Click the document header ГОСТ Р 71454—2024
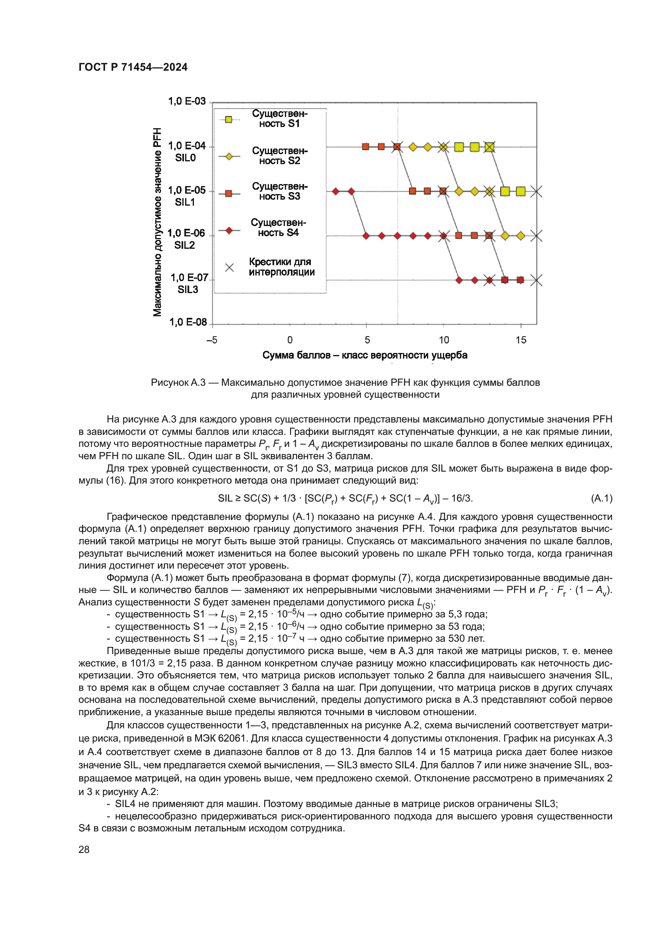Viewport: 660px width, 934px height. [x=133, y=67]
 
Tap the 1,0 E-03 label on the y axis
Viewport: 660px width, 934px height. [x=187, y=101]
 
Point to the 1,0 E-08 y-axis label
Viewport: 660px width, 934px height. [x=188, y=322]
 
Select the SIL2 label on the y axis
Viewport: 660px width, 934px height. [x=184, y=245]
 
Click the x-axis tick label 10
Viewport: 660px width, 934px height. [x=444, y=340]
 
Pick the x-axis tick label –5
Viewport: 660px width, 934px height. [x=212, y=340]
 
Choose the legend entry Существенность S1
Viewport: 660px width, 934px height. [x=280, y=118]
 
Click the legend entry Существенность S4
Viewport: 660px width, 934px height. [x=279, y=228]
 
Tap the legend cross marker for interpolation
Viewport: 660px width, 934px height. [x=229, y=267]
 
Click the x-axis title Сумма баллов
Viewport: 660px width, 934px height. [x=365, y=355]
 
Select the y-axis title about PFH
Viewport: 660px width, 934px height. [x=157, y=222]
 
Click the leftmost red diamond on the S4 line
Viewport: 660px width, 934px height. [x=336, y=191]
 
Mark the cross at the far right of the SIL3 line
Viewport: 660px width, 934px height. [x=536, y=280]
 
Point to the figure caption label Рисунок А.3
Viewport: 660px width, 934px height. [x=178, y=383]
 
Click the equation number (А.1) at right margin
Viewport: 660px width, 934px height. [x=601, y=498]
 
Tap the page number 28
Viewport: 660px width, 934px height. [x=84, y=849]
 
